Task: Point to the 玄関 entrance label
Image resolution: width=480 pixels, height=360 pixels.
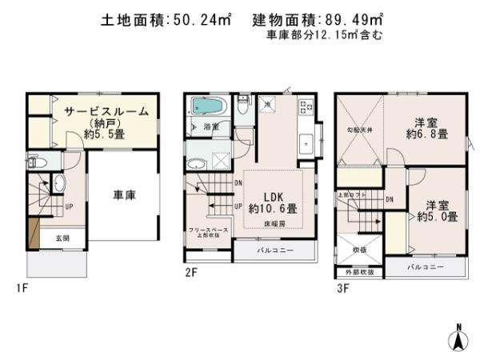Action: pos(62,238)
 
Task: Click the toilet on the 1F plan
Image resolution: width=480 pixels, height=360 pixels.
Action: pos(40,161)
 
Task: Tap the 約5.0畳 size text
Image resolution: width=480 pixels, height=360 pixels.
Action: pos(437,216)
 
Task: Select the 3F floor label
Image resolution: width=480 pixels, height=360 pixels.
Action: pos(343,287)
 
